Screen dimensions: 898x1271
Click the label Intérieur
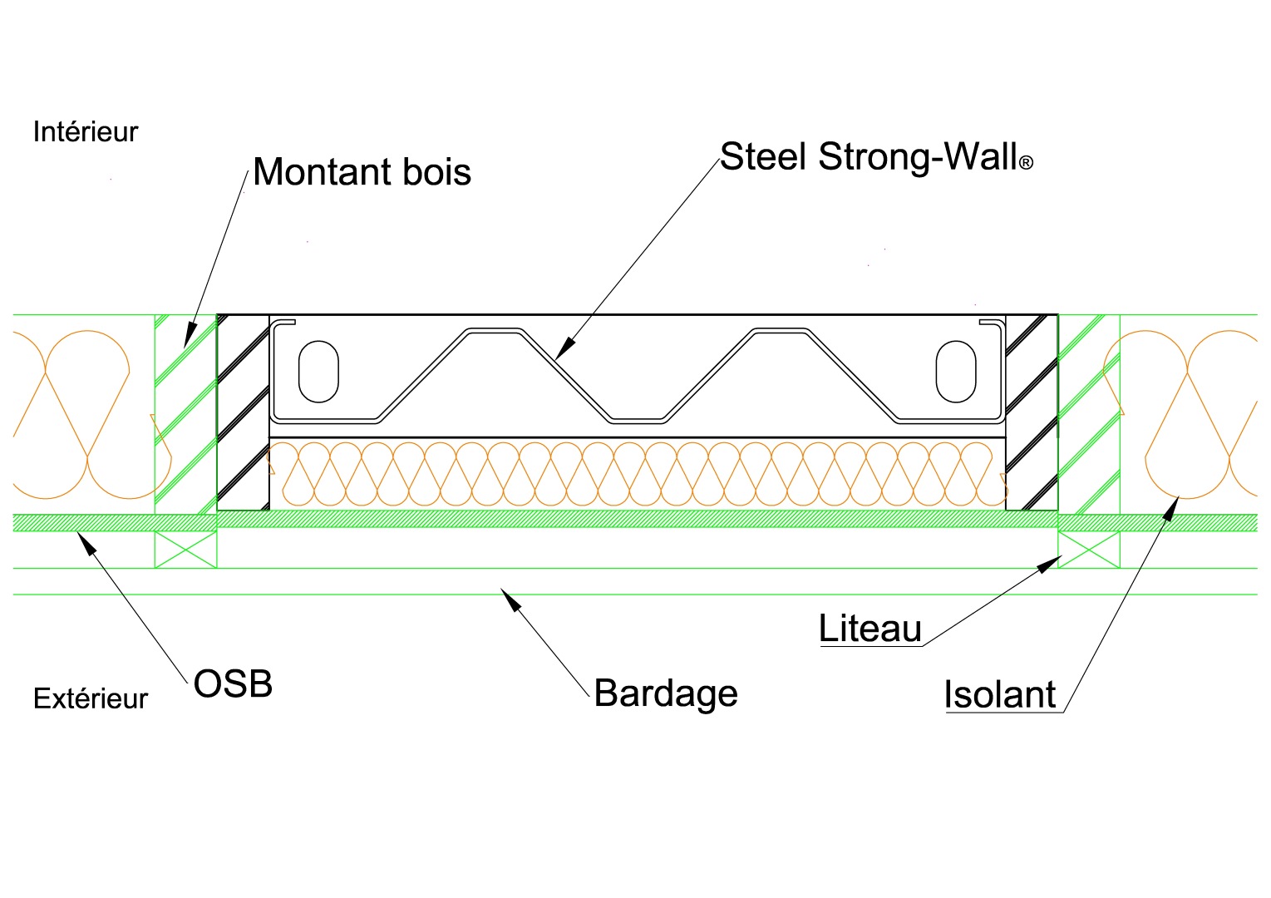(85, 132)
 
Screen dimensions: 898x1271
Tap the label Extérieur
(90, 699)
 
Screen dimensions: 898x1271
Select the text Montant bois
(362, 172)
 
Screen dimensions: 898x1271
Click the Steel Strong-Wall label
(869, 156)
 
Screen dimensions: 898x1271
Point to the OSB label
(233, 684)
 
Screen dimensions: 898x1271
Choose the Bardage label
(666, 693)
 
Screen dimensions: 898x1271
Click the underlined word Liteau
(870, 629)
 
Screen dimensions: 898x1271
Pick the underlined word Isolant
(999, 695)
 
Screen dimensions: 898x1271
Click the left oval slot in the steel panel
(318, 371)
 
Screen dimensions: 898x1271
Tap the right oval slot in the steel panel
(955, 371)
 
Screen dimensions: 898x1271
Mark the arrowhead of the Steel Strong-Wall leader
(563, 349)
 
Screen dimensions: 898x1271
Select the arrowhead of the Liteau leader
(1049, 565)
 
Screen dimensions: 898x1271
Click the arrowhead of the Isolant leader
(1172, 506)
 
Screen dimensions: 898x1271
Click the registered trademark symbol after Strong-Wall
(1026, 164)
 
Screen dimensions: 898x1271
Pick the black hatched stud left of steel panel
(243, 412)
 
